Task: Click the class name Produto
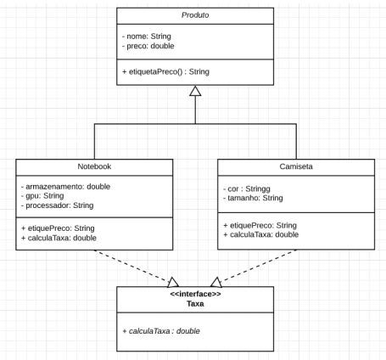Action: point(195,15)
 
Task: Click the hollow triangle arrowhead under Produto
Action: point(195,91)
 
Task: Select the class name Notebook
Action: point(94,166)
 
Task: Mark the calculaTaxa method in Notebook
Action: point(60,237)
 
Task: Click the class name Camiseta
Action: point(296,167)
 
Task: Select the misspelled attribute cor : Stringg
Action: point(253,188)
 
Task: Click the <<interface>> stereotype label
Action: point(195,294)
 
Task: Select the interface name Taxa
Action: point(195,303)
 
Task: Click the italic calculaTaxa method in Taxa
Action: point(161,330)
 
